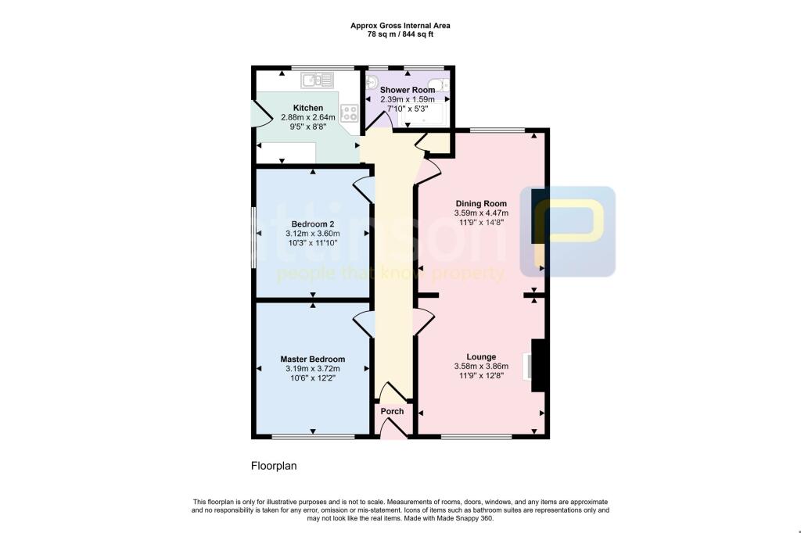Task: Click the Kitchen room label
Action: (x=308, y=108)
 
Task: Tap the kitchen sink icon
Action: (x=318, y=79)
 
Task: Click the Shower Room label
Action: (x=408, y=90)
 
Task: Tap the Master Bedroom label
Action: (x=313, y=360)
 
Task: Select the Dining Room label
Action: (x=481, y=203)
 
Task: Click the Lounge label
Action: (x=481, y=356)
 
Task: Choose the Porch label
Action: (x=392, y=412)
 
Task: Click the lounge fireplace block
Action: (x=538, y=365)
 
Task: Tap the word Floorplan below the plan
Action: (x=274, y=466)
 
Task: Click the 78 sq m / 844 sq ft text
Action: (x=400, y=34)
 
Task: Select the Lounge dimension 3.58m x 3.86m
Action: (x=481, y=366)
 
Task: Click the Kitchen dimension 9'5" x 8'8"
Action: (x=308, y=127)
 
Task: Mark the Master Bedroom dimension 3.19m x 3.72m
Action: (x=313, y=369)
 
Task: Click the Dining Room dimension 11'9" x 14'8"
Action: (x=481, y=222)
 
